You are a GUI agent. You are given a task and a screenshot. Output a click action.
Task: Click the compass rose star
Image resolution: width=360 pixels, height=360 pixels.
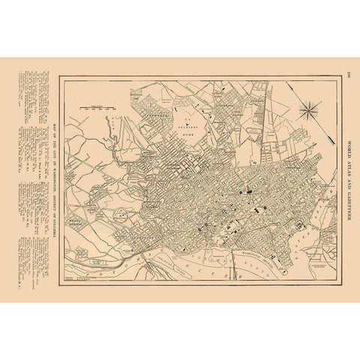coord(308,113)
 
